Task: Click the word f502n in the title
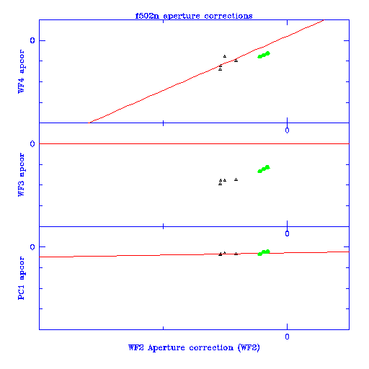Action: coord(147,16)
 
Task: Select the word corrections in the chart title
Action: coord(228,16)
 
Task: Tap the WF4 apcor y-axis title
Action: coord(21,71)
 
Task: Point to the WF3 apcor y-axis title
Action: coord(21,174)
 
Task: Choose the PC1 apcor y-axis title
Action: coord(21,278)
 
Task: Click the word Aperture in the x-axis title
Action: coord(166,347)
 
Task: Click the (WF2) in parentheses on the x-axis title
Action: coord(249,347)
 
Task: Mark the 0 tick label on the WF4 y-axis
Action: coord(32,40)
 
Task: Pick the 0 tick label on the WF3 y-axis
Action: coord(32,144)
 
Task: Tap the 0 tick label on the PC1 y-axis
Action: coord(32,247)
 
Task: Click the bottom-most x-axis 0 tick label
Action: coord(287,337)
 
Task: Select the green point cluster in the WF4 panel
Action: coord(264,55)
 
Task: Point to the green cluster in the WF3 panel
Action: coord(264,169)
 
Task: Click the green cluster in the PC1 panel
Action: coord(264,252)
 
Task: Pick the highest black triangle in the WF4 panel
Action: coord(225,56)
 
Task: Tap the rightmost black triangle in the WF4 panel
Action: coord(236,61)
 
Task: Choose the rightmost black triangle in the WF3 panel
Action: coord(236,179)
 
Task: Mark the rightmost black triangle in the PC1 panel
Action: coord(236,254)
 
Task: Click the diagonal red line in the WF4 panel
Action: coord(206,71)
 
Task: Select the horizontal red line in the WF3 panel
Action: coord(194,143)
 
